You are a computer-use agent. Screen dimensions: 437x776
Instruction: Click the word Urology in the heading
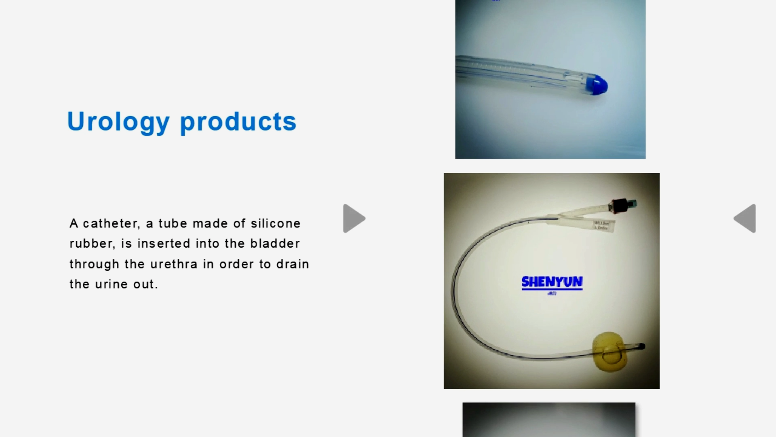(118, 121)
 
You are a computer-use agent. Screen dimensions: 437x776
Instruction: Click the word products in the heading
(238, 121)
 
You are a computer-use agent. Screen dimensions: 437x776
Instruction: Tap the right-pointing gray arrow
(354, 218)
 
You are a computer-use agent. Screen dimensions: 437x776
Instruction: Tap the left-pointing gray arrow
(745, 218)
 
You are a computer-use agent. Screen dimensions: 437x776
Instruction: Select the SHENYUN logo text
(552, 282)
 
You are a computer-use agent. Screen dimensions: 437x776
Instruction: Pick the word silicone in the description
(276, 223)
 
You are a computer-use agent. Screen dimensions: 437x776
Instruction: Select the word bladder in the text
(275, 244)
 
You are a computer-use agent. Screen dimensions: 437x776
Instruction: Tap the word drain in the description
(293, 264)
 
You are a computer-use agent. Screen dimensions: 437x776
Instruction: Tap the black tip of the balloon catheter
(641, 346)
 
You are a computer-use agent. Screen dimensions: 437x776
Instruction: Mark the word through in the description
(94, 264)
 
